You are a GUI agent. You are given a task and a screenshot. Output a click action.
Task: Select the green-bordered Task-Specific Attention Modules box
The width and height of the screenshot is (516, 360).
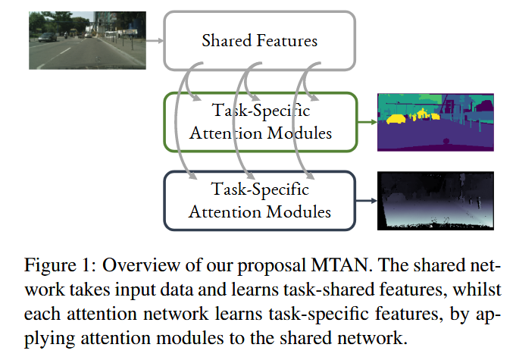[x=260, y=121]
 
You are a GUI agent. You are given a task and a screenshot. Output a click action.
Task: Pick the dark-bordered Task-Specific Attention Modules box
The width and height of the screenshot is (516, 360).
[x=260, y=199]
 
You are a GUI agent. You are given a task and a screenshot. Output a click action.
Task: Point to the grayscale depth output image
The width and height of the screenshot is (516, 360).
[x=434, y=200]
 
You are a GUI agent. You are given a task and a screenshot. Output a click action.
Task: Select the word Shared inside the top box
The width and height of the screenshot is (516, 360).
[x=227, y=39]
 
